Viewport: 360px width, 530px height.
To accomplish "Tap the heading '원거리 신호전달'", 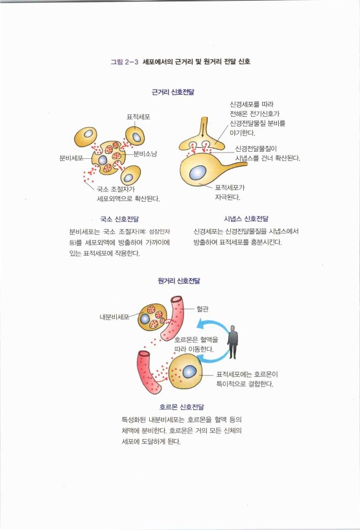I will (x=179, y=281).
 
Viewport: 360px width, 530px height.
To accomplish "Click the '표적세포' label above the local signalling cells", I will (x=138, y=116).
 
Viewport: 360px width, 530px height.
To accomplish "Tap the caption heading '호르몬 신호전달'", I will (x=182, y=407).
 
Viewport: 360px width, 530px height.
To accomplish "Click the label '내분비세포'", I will (x=115, y=317).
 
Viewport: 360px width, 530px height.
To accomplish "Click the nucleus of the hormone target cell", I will (x=189, y=372).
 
